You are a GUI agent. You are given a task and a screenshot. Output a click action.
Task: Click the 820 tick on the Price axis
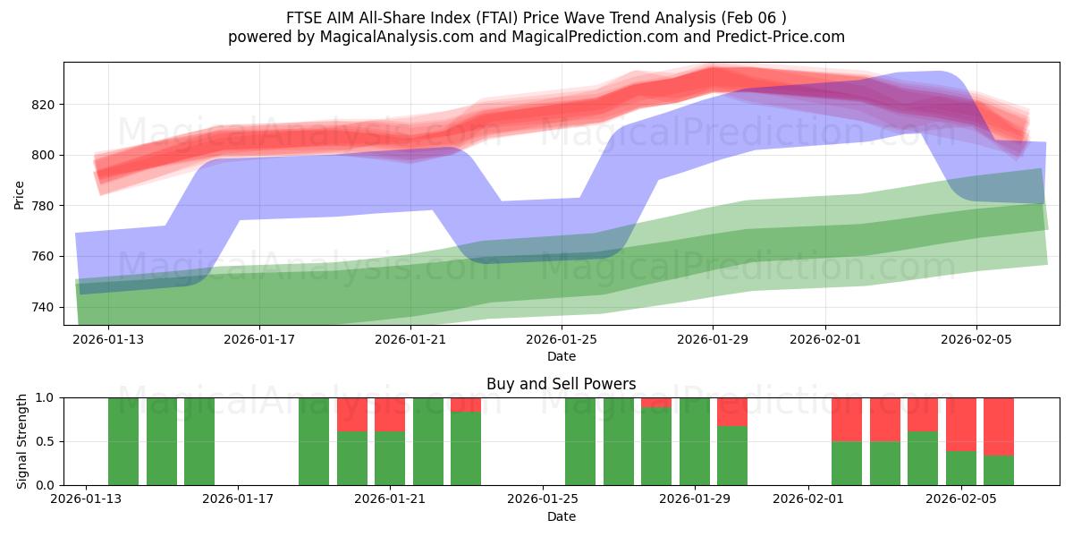pos(43,105)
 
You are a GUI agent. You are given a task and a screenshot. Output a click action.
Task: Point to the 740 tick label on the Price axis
pos(43,307)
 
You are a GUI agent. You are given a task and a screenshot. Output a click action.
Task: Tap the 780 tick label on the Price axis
pos(43,206)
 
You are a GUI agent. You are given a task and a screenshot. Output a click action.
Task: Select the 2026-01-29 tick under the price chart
pos(713,339)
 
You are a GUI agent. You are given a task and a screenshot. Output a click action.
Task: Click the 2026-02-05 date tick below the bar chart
pos(961,499)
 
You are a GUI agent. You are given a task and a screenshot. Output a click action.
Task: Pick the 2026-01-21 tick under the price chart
pos(410,339)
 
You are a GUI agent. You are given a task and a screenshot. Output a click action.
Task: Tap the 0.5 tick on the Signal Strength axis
pos(45,441)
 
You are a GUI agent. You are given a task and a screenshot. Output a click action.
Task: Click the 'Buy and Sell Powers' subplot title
pos(561,384)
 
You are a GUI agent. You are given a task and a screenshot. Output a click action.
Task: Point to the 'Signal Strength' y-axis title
pos(22,441)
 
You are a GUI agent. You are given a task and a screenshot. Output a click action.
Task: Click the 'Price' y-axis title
pos(20,194)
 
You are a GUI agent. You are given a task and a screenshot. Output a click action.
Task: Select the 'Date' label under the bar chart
pos(561,516)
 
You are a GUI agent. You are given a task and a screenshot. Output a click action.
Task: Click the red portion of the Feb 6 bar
pos(999,426)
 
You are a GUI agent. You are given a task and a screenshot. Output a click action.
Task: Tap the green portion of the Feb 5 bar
pos(961,467)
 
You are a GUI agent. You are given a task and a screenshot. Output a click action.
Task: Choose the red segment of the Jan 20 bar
pos(352,413)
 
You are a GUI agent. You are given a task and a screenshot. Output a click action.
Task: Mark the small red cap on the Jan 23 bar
pos(466,405)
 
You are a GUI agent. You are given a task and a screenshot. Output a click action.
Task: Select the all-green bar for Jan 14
pos(162,441)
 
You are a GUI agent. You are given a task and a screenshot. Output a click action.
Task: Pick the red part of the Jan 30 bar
pos(732,411)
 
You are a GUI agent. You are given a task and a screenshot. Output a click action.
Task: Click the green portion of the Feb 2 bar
pos(847,463)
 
